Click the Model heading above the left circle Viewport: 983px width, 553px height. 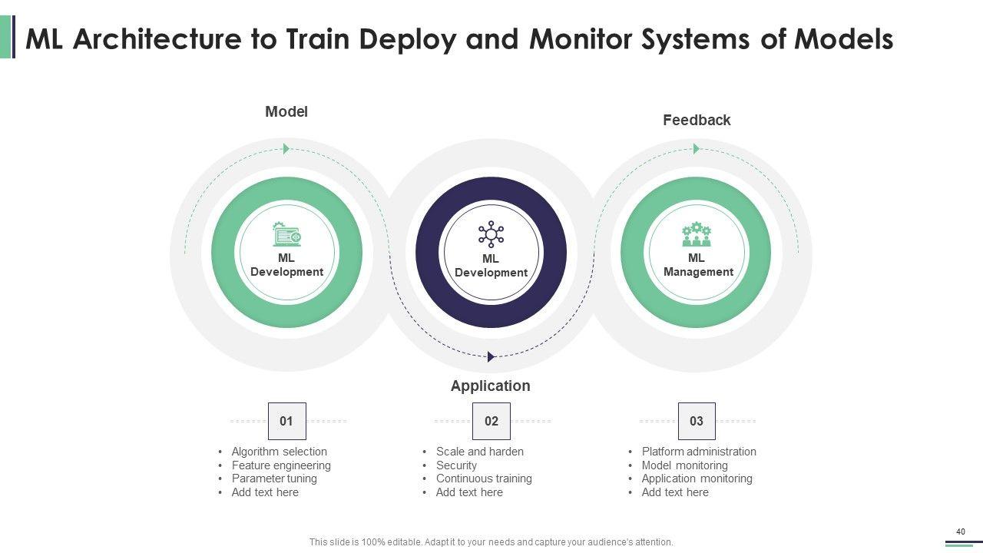(x=286, y=112)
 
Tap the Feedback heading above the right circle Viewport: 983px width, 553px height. (x=697, y=121)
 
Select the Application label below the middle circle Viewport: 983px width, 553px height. (x=490, y=386)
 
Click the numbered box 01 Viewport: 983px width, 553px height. (x=286, y=421)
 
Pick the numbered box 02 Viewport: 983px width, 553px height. (x=491, y=421)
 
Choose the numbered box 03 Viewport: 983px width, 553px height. (x=697, y=421)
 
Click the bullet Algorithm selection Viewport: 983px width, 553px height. (x=279, y=452)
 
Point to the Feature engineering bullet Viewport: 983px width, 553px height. (x=281, y=465)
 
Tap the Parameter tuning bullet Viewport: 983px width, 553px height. (x=274, y=478)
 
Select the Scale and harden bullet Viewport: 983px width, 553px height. (x=480, y=452)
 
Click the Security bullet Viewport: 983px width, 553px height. (x=456, y=465)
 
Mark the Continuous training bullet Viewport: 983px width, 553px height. (x=484, y=478)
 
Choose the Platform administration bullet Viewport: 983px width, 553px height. (x=699, y=452)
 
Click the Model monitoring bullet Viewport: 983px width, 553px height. (x=684, y=465)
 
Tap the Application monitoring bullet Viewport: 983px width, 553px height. (x=697, y=478)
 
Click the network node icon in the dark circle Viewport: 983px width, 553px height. (x=491, y=233)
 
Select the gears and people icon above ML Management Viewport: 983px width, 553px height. (x=697, y=233)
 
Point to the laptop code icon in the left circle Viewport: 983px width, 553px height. (x=286, y=233)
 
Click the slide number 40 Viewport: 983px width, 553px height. (x=960, y=531)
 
